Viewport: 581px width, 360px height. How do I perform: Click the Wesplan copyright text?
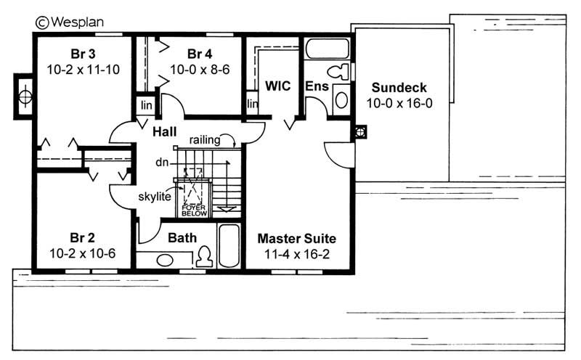[70, 22]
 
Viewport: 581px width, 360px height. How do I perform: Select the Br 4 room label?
[200, 54]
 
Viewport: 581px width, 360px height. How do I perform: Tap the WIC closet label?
[277, 86]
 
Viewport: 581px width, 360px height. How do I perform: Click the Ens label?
[317, 87]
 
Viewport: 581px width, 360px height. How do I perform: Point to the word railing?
[204, 139]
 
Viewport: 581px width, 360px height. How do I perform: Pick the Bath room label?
[182, 237]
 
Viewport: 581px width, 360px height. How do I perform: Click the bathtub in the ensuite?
[327, 49]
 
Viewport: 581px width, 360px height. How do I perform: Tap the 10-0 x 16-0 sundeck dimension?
[399, 103]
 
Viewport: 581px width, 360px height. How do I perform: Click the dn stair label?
[162, 163]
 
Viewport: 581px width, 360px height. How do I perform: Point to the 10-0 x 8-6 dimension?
[200, 70]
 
